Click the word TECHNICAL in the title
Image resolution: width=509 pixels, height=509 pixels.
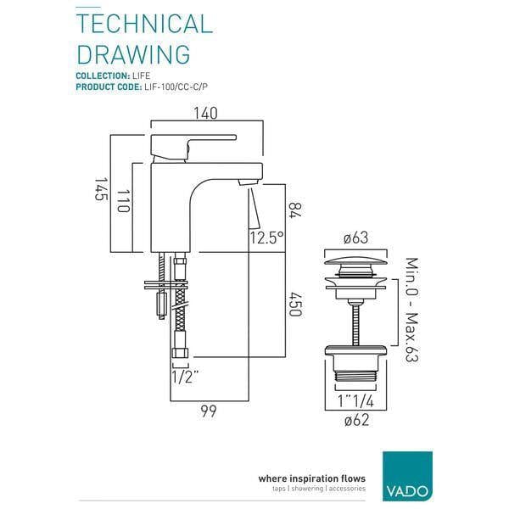point(144,23)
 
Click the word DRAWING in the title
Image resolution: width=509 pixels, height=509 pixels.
point(133,53)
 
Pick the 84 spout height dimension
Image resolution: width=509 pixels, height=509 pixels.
point(293,209)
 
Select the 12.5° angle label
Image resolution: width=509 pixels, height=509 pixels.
point(266,238)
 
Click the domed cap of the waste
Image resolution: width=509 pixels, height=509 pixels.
point(358,259)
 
